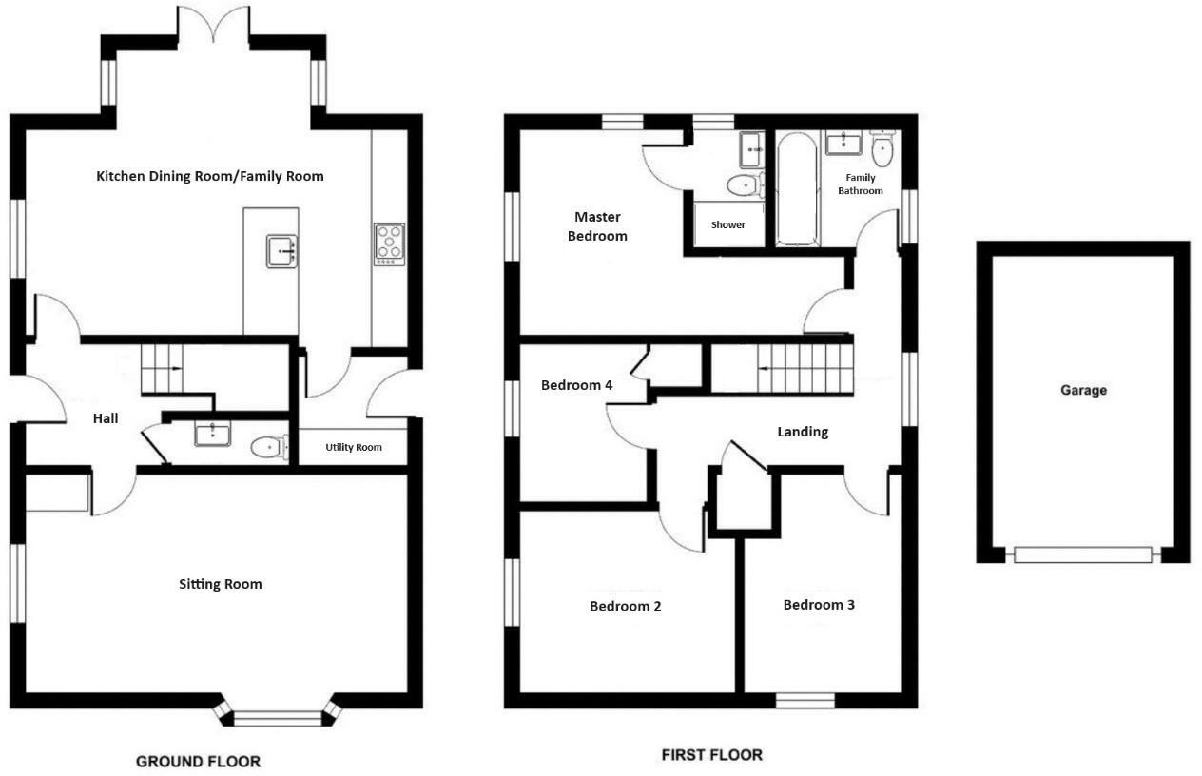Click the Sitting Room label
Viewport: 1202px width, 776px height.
221,584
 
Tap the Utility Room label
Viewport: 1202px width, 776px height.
354,447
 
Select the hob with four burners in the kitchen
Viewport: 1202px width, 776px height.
390,243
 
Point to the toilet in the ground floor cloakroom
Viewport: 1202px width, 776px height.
269,446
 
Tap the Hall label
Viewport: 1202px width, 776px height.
106,418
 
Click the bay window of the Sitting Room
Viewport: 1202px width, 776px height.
278,717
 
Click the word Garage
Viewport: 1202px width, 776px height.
1084,390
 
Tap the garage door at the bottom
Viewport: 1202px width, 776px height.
1082,554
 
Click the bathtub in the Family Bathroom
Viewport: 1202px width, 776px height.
797,189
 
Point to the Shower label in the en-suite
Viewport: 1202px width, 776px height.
728,225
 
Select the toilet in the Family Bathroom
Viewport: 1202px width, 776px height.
883,147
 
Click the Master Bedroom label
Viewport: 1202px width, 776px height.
597,226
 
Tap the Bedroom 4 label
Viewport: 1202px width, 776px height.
576,385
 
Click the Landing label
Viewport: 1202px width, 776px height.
803,432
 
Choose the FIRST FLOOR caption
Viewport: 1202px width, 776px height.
711,755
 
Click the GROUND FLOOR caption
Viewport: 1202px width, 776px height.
198,761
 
